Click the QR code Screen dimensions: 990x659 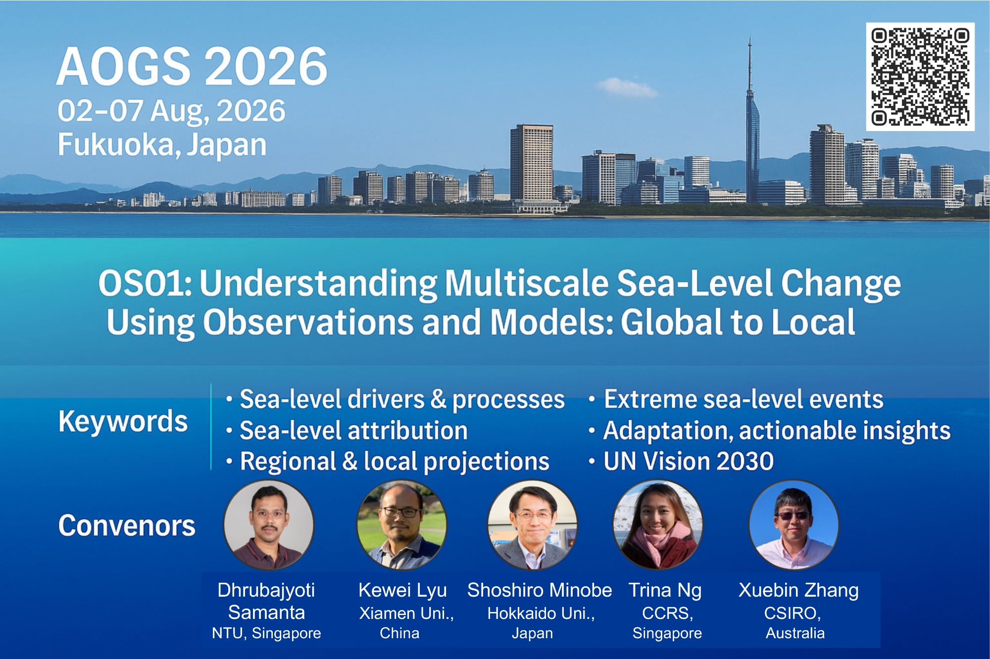(x=920, y=77)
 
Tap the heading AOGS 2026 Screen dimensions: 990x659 (x=192, y=66)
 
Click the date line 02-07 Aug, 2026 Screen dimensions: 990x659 (x=171, y=111)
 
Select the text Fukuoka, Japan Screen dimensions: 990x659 (x=162, y=144)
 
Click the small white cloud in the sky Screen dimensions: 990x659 (x=626, y=88)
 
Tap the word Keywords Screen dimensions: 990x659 (x=123, y=422)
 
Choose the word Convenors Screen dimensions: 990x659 (x=127, y=525)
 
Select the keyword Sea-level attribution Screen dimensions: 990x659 (x=353, y=430)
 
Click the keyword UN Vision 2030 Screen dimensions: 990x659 (x=689, y=461)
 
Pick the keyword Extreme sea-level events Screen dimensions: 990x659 (x=743, y=399)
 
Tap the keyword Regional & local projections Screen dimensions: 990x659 (x=395, y=462)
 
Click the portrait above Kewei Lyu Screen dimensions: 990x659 (x=401, y=524)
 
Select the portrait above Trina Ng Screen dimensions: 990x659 (x=658, y=524)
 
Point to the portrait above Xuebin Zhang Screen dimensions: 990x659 (x=794, y=524)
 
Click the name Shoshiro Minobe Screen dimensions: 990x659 (x=540, y=590)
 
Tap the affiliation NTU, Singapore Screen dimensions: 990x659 (x=266, y=633)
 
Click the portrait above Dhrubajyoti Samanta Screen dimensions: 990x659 (x=269, y=524)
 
